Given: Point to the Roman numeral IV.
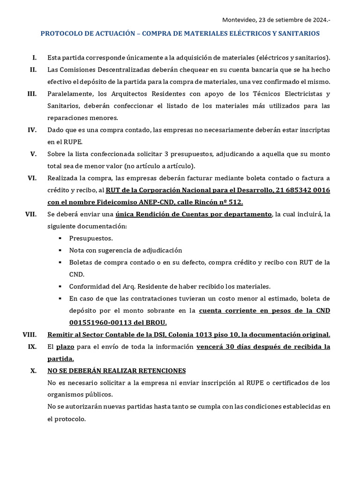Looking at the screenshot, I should (32, 129).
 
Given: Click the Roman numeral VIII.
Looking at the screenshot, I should (30, 334).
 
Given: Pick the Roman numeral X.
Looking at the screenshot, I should (33, 370).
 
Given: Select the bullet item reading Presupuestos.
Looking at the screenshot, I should (91, 238).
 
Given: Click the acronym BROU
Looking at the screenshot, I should (155, 322).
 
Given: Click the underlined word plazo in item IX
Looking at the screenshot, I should (66, 347).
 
